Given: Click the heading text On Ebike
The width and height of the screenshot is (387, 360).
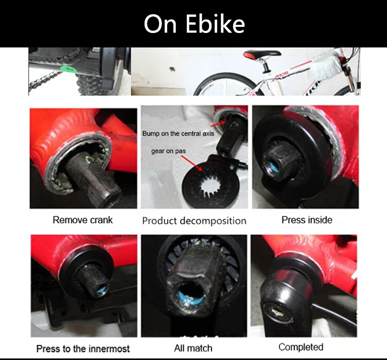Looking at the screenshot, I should [x=194, y=23].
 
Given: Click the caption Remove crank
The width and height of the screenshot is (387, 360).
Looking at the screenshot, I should [x=83, y=220].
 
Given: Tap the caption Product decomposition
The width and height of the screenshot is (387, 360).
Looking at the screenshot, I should [x=194, y=221].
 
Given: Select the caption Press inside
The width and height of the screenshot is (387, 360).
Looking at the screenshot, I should [x=307, y=220].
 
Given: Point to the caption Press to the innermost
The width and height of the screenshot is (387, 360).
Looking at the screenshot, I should [x=83, y=349].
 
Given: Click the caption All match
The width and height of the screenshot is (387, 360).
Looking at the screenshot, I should [x=193, y=348].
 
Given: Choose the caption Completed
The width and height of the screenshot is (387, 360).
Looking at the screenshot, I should [x=301, y=347].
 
